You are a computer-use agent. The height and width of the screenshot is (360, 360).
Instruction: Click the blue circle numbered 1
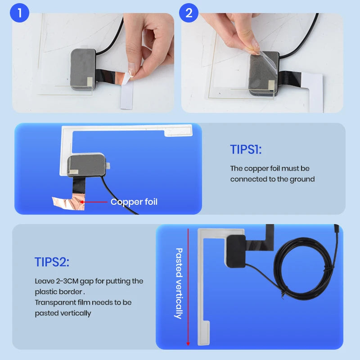tap(19, 13)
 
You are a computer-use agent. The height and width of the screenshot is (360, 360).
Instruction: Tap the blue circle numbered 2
tap(189, 13)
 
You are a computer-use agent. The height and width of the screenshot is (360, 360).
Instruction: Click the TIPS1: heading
tap(245, 149)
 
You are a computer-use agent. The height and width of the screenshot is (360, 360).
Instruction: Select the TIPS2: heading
tap(52, 262)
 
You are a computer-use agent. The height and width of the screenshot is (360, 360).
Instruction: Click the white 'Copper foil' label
tap(134, 202)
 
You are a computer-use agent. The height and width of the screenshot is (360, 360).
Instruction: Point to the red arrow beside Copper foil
tap(94, 202)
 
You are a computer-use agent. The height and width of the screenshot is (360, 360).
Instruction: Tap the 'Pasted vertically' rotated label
tap(179, 283)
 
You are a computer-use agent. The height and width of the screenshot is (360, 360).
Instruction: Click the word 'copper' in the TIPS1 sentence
tap(257, 168)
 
